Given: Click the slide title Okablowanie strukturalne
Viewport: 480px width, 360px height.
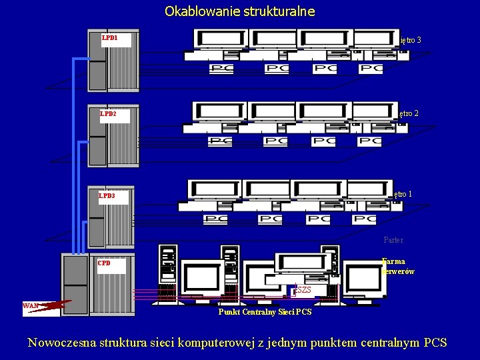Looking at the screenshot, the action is tap(239, 11).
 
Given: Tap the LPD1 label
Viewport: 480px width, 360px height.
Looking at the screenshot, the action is tap(109, 39).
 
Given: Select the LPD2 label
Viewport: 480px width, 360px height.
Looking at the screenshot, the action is tap(108, 114).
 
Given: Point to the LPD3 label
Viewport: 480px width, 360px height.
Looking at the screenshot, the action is tap(107, 197).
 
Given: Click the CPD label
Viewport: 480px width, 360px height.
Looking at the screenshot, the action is tap(104, 263).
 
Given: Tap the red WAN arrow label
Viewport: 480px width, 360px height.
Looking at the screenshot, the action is tap(31, 306).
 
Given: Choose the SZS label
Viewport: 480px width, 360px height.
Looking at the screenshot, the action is tap(303, 290).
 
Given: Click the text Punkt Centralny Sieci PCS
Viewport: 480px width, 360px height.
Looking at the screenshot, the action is tap(265, 312).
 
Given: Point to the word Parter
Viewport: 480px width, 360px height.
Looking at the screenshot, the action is tap(393, 240).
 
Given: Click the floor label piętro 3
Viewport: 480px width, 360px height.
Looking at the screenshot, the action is tap(409, 41).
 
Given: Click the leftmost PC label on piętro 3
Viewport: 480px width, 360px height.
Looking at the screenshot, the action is tap(221, 68).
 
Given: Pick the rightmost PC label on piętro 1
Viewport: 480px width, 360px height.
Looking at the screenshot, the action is tap(364, 219).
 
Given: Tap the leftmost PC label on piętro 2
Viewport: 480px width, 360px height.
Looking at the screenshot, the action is tap(220, 141).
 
